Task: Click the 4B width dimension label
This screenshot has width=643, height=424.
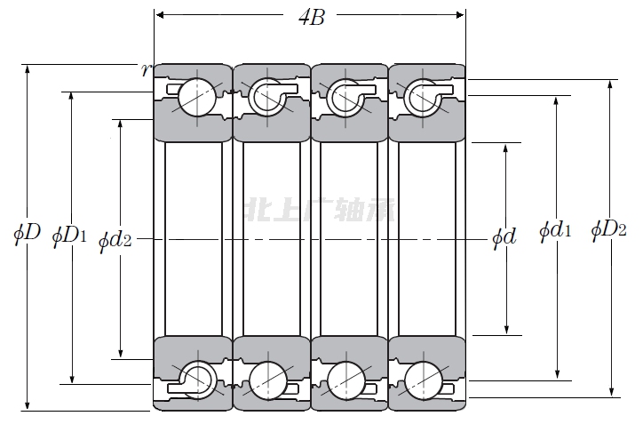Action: click(x=310, y=17)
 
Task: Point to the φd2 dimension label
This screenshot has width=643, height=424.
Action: click(x=115, y=238)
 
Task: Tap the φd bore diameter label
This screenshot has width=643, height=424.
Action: click(x=504, y=237)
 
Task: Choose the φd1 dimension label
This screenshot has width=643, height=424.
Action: click(x=555, y=231)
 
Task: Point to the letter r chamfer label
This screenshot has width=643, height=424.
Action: click(x=146, y=69)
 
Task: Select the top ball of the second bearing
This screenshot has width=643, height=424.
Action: click(x=267, y=97)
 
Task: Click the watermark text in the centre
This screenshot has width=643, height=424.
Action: click(x=322, y=212)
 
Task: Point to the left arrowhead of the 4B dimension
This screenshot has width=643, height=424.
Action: click(x=160, y=14)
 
